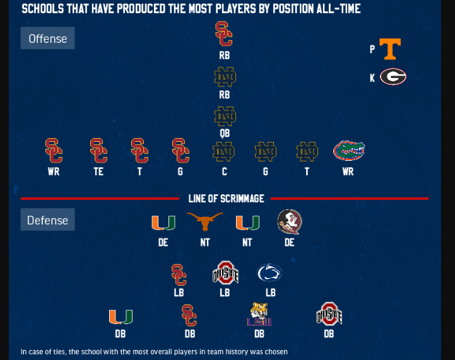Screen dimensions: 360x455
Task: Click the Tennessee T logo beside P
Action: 390,49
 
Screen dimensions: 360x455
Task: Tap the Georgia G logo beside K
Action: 393,77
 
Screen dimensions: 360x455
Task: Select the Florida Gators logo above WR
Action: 348,151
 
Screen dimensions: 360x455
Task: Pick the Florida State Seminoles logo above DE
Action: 290,222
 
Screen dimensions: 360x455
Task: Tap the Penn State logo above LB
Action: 269,273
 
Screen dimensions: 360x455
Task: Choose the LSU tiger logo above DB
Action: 259,314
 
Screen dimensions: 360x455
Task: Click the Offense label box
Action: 47,38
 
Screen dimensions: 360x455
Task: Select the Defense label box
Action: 47,220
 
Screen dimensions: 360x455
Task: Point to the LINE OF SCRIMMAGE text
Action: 226,199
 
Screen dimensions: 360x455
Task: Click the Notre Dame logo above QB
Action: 224,116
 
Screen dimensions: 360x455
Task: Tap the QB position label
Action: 224,134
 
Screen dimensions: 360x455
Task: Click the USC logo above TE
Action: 98,151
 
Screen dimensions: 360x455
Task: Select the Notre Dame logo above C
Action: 224,151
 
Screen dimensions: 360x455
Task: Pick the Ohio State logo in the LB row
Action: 225,273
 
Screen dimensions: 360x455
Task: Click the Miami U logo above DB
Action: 121,316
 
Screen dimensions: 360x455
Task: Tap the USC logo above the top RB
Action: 224,34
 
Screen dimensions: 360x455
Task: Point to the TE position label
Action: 98,171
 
